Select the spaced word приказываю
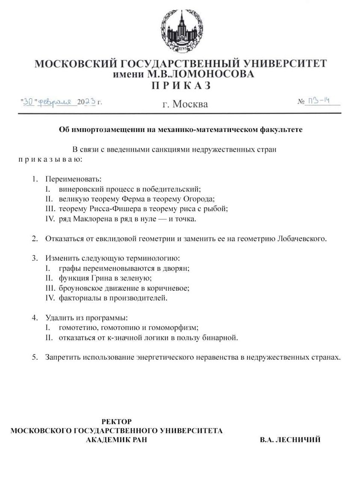point(50,159)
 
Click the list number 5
point(35,357)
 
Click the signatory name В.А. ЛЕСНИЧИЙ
point(290,440)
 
